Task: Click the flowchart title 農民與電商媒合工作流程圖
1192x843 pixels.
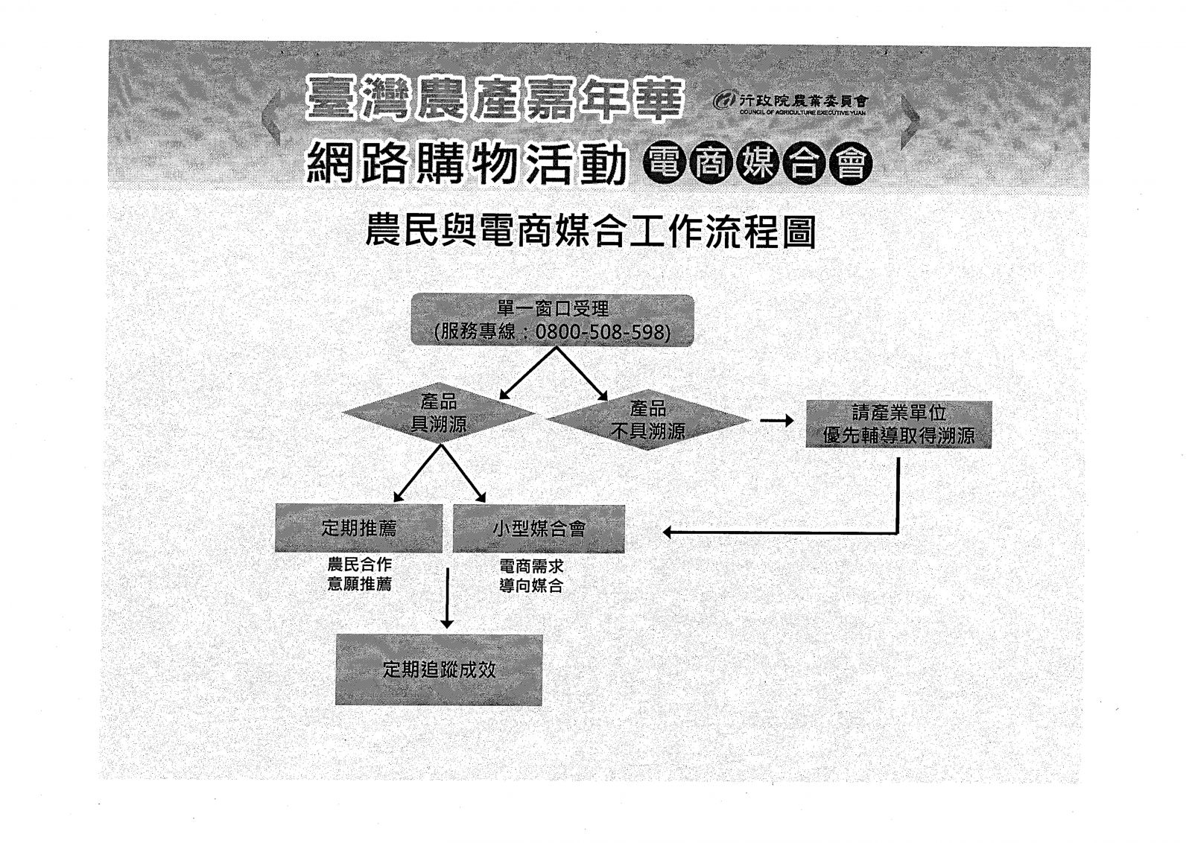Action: click(x=591, y=232)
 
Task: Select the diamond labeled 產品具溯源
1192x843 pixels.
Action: click(x=439, y=413)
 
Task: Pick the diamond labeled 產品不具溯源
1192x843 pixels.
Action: click(x=648, y=420)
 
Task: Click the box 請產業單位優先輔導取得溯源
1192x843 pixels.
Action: click(x=898, y=424)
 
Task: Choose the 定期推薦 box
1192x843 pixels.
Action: click(x=358, y=528)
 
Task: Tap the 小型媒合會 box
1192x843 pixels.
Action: click(x=539, y=529)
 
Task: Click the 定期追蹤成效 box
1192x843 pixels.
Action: click(x=439, y=669)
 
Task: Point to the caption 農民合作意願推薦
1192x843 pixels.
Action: click(x=360, y=574)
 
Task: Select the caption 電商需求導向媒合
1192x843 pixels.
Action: click(x=531, y=576)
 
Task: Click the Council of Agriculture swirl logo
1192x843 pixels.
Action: click(x=724, y=100)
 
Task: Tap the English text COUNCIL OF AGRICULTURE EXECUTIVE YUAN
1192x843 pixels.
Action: click(x=802, y=112)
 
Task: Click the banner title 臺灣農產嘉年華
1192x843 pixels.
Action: click(x=493, y=99)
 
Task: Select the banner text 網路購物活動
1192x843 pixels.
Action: click(x=466, y=163)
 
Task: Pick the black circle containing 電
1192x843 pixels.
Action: click(x=665, y=163)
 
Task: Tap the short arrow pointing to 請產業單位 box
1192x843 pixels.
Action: click(x=777, y=421)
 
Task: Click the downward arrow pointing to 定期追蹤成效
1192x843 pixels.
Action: click(x=448, y=598)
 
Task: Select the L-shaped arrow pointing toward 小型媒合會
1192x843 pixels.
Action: click(x=898, y=531)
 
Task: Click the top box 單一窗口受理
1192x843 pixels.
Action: click(x=552, y=320)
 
